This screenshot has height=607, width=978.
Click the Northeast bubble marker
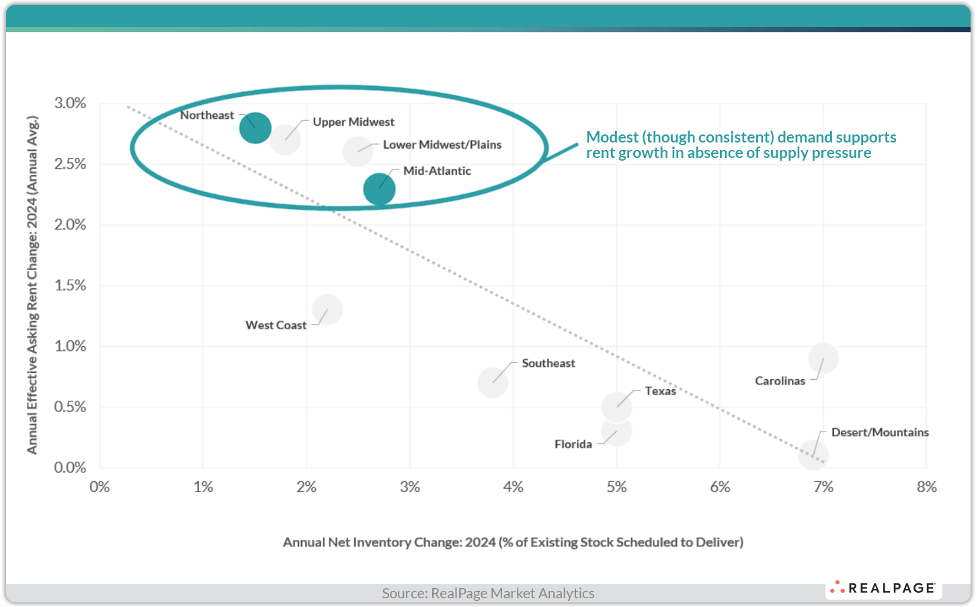255,127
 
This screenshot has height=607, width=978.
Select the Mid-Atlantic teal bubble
379,189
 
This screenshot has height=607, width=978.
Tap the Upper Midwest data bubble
285,139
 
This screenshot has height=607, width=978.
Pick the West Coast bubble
327,309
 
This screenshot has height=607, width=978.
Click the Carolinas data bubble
823,358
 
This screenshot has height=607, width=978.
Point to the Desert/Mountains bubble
813,455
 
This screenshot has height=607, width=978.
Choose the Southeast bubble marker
493,382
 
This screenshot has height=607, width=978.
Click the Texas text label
660,391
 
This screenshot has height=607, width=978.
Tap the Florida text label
573,444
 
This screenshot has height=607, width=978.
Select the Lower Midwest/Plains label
442,145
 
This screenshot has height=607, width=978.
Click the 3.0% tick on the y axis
70,103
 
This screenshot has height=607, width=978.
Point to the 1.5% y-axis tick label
70,285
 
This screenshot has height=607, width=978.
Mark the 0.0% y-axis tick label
70,467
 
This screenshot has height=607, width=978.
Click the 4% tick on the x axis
513,487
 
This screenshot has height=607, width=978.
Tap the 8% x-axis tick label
926,487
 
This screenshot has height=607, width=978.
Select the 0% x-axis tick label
99,487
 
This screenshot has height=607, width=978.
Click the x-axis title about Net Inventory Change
513,542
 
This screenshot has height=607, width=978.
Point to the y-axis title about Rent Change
32,285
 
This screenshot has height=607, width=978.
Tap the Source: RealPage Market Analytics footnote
488,594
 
